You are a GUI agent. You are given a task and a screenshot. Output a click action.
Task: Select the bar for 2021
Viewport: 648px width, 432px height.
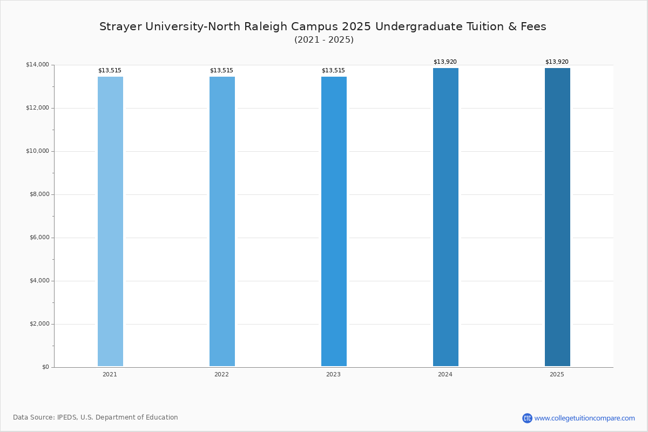tap(110, 221)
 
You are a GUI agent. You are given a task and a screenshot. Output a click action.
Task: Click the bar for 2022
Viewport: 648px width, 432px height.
tap(222, 221)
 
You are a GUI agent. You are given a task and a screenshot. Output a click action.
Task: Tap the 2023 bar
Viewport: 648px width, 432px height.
tap(334, 221)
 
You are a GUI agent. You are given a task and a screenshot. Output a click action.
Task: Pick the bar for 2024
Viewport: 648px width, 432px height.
tap(446, 217)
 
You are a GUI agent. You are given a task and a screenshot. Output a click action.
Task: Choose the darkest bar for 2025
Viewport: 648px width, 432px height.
tap(557, 217)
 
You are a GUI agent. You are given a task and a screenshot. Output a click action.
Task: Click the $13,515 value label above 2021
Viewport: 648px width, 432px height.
tap(110, 71)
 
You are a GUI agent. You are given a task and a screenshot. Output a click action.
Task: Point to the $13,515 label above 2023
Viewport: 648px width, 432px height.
tap(334, 71)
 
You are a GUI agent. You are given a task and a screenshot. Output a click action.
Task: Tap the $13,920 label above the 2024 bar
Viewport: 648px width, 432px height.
tap(445, 62)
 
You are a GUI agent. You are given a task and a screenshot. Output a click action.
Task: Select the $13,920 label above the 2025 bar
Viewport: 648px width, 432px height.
tap(557, 62)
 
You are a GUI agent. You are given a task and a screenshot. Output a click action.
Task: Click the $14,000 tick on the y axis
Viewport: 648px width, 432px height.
tap(38, 64)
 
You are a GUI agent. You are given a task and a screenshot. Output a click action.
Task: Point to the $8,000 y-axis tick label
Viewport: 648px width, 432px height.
tap(39, 194)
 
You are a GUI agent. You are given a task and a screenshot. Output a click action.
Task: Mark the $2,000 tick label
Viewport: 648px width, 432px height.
tap(39, 324)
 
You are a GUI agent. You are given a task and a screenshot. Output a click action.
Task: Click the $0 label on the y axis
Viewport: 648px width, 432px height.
tap(46, 367)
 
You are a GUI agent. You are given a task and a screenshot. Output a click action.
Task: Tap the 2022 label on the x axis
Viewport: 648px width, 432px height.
tap(221, 374)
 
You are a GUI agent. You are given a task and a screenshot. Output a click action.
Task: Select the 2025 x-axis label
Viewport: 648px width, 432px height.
tap(557, 374)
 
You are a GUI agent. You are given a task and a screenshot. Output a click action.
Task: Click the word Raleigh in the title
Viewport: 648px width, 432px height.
tap(266, 26)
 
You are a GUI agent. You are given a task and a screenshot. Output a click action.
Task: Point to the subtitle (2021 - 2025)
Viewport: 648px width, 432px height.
tap(324, 39)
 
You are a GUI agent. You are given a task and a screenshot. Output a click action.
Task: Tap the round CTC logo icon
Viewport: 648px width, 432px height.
tap(527, 418)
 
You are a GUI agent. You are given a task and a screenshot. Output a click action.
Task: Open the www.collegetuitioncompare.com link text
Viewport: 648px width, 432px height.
tap(585, 418)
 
